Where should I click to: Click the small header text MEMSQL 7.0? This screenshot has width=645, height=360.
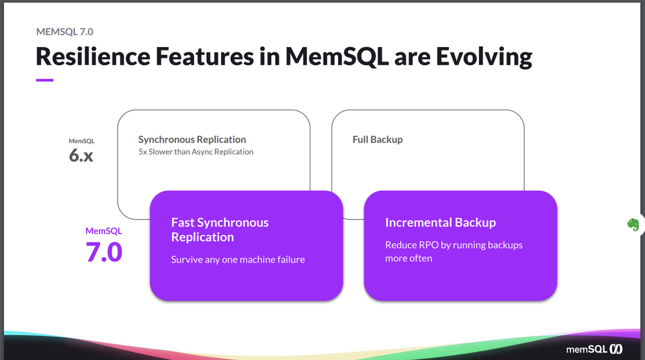[x=64, y=31]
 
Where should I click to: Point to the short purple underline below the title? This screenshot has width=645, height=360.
[x=44, y=80]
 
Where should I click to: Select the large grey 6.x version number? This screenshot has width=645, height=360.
[x=81, y=156]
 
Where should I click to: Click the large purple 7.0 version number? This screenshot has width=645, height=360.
[x=103, y=252]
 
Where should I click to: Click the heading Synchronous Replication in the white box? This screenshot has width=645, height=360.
[x=192, y=140]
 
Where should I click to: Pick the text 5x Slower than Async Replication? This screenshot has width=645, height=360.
[x=196, y=152]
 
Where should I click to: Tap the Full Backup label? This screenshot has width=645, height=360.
[x=378, y=140]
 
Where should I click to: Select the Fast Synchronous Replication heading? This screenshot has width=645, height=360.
[x=220, y=230]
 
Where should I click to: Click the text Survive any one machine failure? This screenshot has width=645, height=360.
[x=238, y=259]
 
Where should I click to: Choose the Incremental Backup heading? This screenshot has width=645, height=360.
[x=440, y=222]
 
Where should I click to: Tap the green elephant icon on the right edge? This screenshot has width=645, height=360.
[x=632, y=224]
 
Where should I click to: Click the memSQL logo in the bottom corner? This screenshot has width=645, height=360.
[x=594, y=349]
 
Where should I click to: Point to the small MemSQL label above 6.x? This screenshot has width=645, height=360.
[x=81, y=141]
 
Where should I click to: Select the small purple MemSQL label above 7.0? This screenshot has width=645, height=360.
[x=103, y=231]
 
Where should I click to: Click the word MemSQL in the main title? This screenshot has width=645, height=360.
[x=337, y=56]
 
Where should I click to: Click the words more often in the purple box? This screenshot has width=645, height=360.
[x=408, y=259]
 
